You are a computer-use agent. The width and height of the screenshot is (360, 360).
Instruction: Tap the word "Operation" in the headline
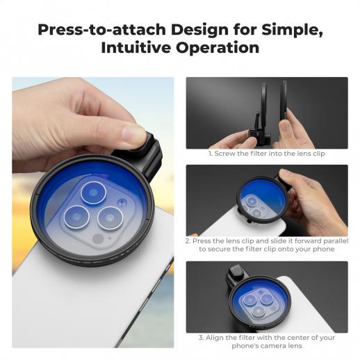tap(218, 48)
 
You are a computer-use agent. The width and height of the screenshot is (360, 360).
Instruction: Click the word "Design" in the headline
tap(199, 31)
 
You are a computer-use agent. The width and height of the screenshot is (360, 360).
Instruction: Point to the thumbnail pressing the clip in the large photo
tap(133, 133)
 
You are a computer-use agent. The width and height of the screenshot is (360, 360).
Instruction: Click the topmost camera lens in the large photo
tap(93, 193)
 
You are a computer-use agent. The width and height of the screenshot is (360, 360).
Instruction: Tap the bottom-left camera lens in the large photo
tap(76, 217)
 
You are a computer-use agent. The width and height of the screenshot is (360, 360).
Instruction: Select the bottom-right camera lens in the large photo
tap(111, 218)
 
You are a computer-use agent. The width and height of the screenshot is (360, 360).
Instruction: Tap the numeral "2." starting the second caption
tap(188, 241)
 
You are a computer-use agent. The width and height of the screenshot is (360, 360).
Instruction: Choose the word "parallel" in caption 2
tap(336, 241)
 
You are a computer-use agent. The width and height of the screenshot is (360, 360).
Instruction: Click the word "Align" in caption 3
tap(214, 338)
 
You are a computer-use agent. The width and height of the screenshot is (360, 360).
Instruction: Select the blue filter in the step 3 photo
tap(259, 301)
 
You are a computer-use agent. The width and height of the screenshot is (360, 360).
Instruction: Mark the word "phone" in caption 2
tap(325, 249)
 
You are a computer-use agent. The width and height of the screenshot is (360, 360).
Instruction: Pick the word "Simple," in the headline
tap(292, 31)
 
